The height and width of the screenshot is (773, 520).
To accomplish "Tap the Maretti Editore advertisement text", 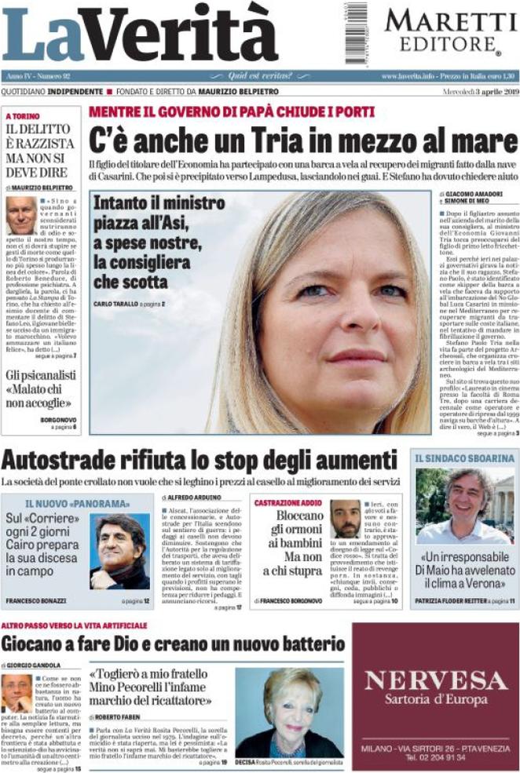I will point(444,30).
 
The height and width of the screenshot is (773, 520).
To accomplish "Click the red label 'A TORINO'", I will point(23,115).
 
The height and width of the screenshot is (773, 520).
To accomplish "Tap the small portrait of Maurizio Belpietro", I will point(20,216).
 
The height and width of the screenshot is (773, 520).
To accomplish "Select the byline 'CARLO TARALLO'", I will point(116,303).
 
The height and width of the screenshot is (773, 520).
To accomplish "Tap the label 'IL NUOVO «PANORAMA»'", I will point(77,502).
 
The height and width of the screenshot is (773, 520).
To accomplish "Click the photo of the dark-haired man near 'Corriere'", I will point(121,552).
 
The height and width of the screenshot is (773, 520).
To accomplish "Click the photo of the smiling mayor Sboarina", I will point(465,507).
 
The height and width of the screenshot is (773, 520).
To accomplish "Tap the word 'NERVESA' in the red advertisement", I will point(435,680).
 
